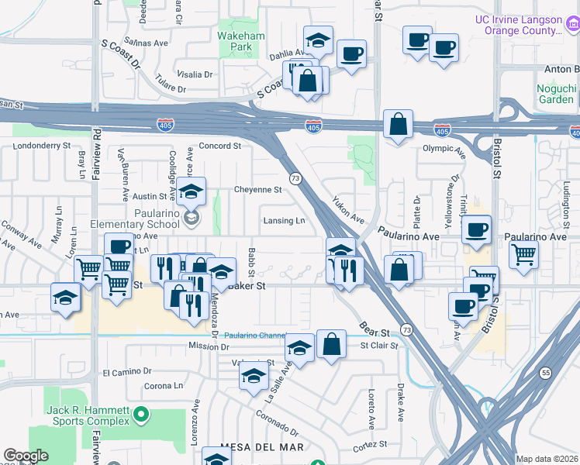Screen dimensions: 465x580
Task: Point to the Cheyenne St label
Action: pyautogui.click(x=257, y=189)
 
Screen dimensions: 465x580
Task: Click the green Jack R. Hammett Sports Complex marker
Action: pyautogui.click(x=140, y=416)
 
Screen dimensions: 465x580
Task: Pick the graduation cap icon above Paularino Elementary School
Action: pyautogui.click(x=191, y=191)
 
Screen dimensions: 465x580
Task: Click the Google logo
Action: pyautogui.click(x=26, y=456)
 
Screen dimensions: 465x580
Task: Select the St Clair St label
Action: pyautogui.click(x=378, y=345)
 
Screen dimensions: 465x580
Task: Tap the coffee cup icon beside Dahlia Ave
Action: pyautogui.click(x=352, y=53)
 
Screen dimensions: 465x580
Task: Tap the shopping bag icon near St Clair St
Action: pyautogui.click(x=331, y=345)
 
